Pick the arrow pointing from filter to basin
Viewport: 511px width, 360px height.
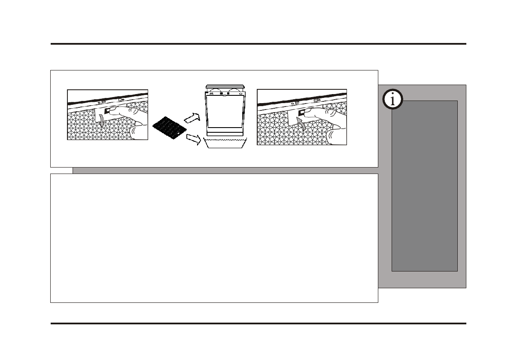193,139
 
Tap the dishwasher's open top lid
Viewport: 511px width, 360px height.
225,88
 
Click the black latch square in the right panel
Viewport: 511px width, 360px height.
301,113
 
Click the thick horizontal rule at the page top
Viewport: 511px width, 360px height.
258,44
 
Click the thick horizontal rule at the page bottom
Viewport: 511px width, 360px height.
258,323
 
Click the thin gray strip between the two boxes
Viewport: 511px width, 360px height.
225,171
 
